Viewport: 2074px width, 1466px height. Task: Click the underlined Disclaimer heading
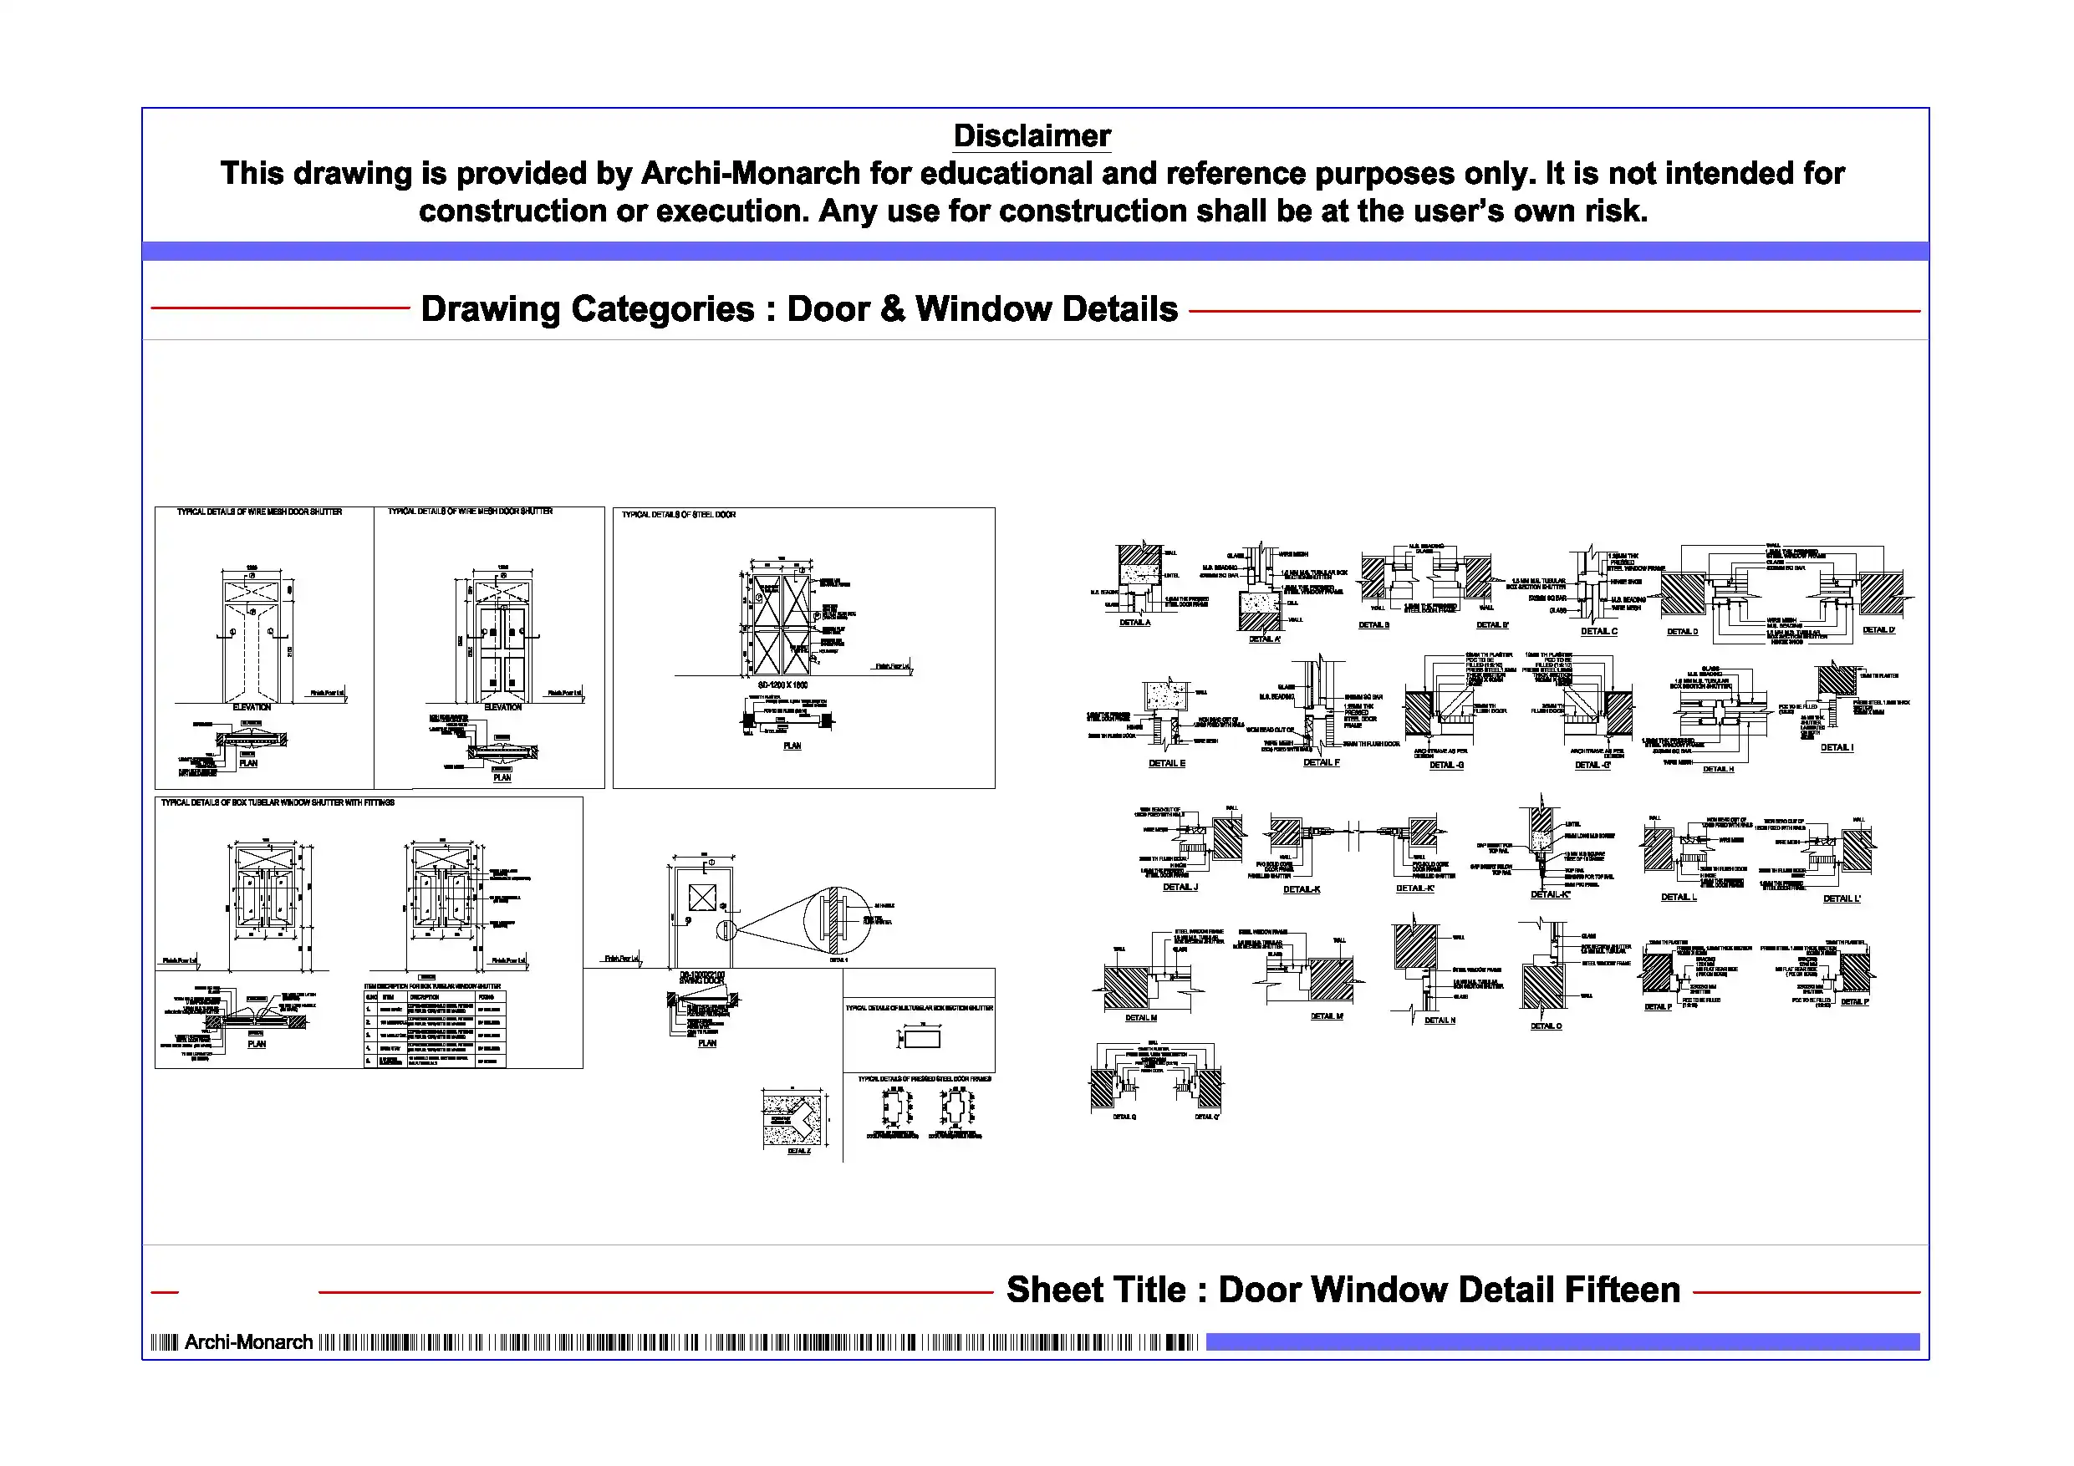pos(1032,136)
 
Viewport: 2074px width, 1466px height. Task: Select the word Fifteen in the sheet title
pos(1622,1290)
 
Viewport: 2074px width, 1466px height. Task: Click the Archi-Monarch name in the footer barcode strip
pos(248,1342)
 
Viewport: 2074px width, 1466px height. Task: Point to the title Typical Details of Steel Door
pos(679,515)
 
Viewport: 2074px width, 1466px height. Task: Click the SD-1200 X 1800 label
pos(782,685)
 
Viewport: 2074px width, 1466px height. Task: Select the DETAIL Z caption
pos(798,1152)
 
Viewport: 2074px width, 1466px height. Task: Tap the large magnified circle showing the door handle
pos(837,920)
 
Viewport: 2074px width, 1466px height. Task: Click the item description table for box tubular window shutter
pos(435,1029)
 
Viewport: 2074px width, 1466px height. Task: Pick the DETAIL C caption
pos(1599,631)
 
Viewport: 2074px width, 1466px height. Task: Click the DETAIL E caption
pos(1166,764)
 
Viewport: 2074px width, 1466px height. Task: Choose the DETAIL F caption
pos(1322,763)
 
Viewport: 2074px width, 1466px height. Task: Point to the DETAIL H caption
pos(1718,770)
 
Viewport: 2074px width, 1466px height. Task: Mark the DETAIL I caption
pos(1837,748)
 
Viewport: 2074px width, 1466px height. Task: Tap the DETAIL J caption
pos(1180,887)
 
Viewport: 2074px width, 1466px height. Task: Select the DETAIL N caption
pos(1440,1021)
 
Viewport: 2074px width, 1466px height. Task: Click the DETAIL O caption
pos(1546,1026)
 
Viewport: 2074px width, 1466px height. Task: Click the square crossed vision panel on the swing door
pos(702,898)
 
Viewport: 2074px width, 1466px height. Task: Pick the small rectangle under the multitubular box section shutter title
pos(922,1039)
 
